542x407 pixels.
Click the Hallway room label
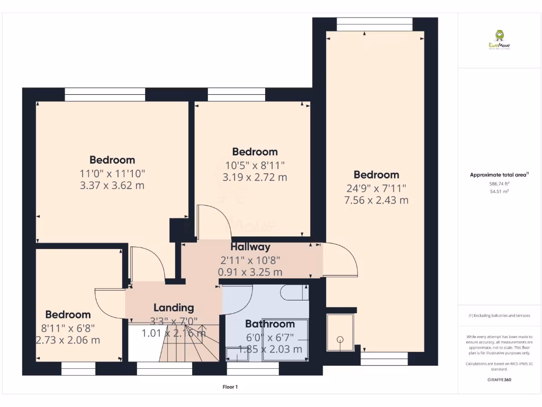(x=250, y=247)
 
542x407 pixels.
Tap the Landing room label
(x=174, y=307)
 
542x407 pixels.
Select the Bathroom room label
(x=269, y=324)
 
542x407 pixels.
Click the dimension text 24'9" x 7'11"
(x=376, y=188)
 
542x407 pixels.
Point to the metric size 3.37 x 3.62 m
(x=112, y=185)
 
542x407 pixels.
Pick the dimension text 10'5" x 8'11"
(x=255, y=165)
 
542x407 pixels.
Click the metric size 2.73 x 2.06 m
(x=68, y=340)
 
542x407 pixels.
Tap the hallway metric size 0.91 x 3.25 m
(x=250, y=272)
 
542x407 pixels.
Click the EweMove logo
(x=499, y=40)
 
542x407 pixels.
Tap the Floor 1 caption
(x=230, y=387)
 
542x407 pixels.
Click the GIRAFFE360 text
(x=500, y=380)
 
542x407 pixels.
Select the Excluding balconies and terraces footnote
(x=499, y=316)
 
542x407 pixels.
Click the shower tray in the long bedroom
(x=341, y=332)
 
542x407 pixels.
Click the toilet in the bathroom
(x=292, y=293)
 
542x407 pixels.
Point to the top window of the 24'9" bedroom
(x=374, y=21)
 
